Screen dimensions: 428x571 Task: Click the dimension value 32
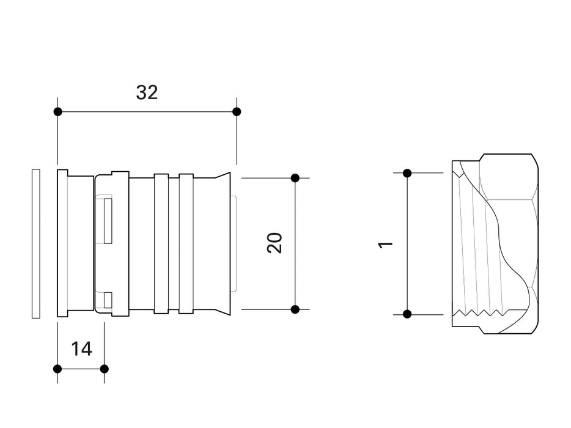[147, 92]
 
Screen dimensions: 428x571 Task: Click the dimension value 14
[81, 349]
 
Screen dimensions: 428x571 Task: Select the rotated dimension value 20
[275, 243]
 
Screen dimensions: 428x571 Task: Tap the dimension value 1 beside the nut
[385, 244]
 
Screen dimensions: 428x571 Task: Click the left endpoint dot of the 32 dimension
[57, 112]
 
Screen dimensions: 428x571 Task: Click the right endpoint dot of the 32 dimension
[237, 112]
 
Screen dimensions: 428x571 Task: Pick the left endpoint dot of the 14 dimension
[57, 369]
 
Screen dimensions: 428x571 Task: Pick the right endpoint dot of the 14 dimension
[104, 369]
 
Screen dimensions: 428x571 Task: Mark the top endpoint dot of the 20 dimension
[295, 178]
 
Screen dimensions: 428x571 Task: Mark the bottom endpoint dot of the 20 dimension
[295, 309]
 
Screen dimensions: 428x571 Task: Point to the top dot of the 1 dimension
[407, 173]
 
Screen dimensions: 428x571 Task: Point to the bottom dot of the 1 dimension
[407, 314]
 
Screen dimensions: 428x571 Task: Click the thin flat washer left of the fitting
[35, 243]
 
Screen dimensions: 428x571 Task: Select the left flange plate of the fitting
[62, 243]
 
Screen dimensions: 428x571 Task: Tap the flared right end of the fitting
[225, 243]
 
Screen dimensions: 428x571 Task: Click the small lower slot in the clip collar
[108, 300]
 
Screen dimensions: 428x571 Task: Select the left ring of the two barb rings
[161, 243]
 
